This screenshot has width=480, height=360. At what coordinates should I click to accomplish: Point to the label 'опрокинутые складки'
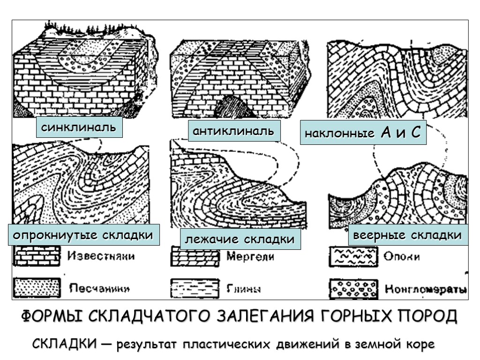point(83,235)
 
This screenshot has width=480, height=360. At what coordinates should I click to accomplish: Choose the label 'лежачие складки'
point(240,240)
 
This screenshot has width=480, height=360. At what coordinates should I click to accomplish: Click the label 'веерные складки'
point(407,235)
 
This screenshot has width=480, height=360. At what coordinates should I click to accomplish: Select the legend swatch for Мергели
point(194,257)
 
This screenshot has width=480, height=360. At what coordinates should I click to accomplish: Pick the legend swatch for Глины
point(194,286)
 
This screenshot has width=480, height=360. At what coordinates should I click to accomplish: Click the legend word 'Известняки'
point(100,256)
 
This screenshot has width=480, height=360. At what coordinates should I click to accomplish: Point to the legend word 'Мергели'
point(249,256)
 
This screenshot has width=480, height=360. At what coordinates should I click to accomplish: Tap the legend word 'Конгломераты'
point(426,288)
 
